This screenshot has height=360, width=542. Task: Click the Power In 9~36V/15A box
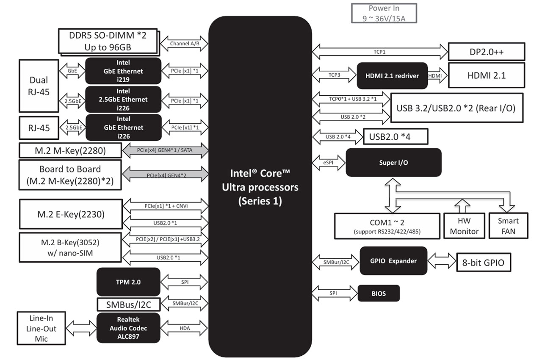tap(384, 13)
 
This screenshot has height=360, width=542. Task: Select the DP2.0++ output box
tap(486, 52)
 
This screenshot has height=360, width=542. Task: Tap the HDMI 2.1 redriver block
tap(392, 76)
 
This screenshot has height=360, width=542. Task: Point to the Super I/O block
tap(393, 162)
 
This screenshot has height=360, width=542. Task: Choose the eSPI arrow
tap(329, 162)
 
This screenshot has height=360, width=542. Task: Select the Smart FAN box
tap(508, 226)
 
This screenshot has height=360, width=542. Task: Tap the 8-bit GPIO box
tap(484, 263)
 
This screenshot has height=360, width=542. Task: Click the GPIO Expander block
tap(393, 261)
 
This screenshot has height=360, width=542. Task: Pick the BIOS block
tap(379, 293)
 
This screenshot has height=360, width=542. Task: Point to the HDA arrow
tap(185, 328)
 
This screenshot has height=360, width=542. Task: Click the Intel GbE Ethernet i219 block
tap(123, 71)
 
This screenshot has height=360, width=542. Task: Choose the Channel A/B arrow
tap(185, 44)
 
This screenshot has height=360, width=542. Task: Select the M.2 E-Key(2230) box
tap(71, 214)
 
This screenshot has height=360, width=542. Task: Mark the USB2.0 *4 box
tap(395, 137)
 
